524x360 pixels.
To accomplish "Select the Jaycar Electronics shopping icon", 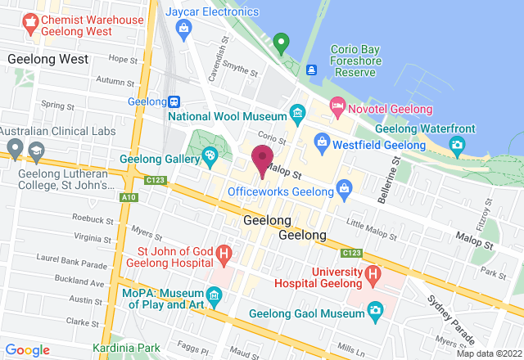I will coord(184,32).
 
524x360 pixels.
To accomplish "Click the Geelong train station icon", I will coord(174,101).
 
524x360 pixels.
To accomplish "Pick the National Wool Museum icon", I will coord(296,112).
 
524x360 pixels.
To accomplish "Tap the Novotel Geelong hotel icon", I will coord(337,106).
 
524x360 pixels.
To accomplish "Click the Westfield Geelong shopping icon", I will coord(322,142).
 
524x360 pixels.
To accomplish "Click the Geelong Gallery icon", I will coord(210,155).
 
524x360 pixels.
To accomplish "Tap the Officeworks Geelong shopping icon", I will coord(346,191).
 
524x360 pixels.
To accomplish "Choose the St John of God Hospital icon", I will coord(223,255).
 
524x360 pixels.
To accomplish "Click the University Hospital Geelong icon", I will coord(373,274).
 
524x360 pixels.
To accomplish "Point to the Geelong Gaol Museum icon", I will coord(375,309).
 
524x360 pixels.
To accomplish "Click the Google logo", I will coord(28,349).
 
